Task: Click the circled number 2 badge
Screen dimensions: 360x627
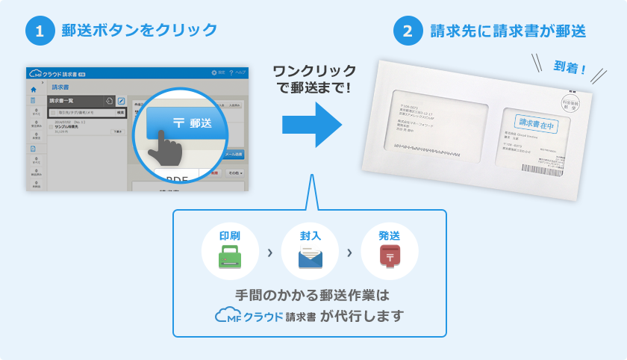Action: [407, 31]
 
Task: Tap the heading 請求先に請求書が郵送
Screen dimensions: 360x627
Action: [508, 31]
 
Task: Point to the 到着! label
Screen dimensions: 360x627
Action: [570, 71]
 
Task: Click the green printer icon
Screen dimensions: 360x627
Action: [229, 258]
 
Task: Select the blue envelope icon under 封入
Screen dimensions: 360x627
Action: [310, 258]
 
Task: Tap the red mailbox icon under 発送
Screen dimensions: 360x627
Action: [389, 258]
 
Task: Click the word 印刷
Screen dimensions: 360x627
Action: [229, 235]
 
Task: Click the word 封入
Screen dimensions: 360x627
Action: [310, 235]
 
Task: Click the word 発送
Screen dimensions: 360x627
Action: [389, 235]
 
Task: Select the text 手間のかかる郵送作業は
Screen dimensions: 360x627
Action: [313, 294]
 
